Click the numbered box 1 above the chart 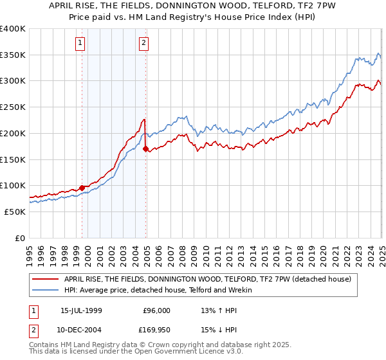[80, 43]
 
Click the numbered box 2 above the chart [143, 43]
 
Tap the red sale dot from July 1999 [82, 188]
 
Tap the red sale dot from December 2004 [146, 149]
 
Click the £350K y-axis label [13, 55]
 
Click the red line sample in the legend [46, 279]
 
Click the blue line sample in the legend [46, 290]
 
